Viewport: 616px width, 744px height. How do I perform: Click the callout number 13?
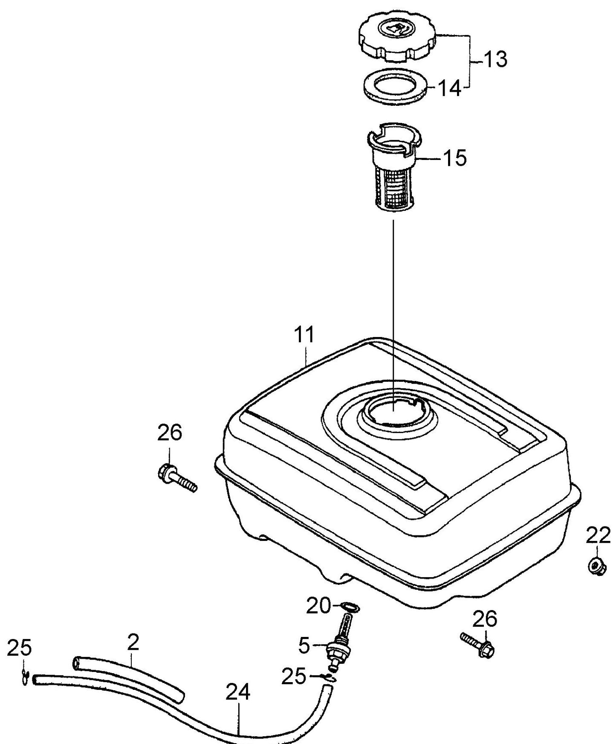point(495,59)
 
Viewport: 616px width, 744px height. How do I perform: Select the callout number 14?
point(449,89)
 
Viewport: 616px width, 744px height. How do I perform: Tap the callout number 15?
point(454,158)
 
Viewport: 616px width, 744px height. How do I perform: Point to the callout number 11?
point(305,334)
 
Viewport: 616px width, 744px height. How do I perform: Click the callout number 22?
point(598,536)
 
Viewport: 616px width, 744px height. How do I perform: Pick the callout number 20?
point(318,606)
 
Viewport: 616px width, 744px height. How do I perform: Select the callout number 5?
point(304,646)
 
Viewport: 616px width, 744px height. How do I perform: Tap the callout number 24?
point(237,693)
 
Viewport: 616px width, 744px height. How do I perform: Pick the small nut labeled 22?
point(595,567)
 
